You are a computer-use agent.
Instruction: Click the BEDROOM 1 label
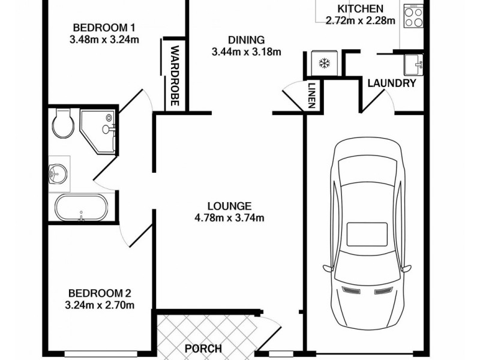(104, 28)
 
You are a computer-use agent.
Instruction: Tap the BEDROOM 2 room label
(100, 293)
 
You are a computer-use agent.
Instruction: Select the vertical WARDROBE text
(175, 76)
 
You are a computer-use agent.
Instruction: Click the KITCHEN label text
(360, 8)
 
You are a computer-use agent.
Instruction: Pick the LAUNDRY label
(392, 83)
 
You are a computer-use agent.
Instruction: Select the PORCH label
(203, 349)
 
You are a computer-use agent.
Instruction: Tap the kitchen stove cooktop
(413, 16)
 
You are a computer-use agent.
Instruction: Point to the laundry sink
(413, 62)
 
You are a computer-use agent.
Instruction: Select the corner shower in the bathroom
(100, 128)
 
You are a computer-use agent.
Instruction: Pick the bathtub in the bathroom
(81, 208)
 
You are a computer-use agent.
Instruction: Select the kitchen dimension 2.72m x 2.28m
(360, 20)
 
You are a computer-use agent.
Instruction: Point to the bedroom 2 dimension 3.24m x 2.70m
(100, 305)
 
